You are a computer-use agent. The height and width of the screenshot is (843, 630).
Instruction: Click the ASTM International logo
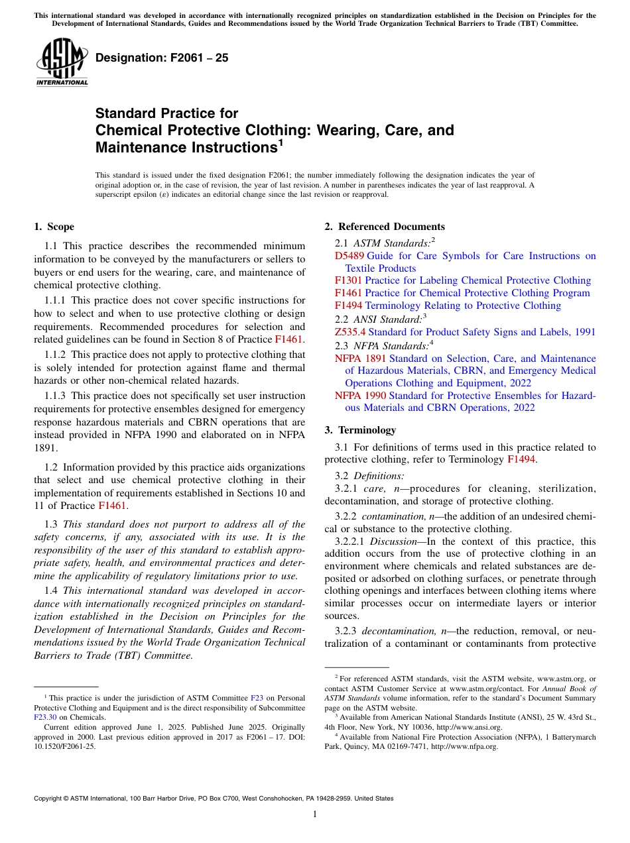pos(62,62)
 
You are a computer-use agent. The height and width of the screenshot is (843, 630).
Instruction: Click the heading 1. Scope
pos(54,227)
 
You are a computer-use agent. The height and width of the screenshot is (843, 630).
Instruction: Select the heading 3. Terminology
pos(360,430)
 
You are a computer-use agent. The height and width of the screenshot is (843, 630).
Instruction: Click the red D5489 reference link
pos(349,256)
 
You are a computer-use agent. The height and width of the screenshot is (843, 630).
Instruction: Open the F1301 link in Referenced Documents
pos(348,280)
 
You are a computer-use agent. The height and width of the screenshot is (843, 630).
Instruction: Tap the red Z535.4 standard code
pos(350,332)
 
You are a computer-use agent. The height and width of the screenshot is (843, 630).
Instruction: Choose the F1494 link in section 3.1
pos(521,459)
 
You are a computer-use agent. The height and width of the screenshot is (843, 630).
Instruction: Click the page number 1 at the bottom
pos(315,815)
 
